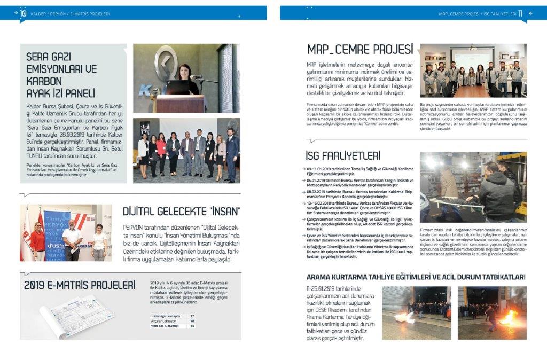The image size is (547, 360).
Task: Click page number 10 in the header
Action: pyautogui.click(x=23, y=14)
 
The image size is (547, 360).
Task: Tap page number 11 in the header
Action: pyautogui.click(x=521, y=14)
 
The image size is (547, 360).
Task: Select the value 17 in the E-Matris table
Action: pyautogui.click(x=192, y=316)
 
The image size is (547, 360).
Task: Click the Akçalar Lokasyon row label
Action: pyautogui.click(x=165, y=321)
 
